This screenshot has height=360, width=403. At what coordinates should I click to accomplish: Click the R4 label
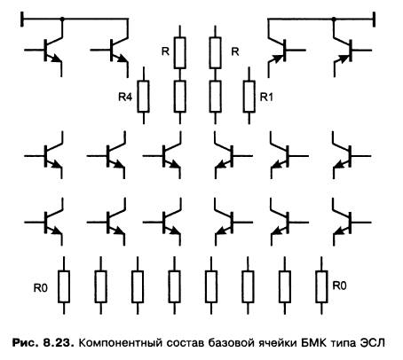125,97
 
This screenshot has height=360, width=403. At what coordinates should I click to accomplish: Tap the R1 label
266,97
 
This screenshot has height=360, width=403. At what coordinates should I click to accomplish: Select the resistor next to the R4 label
144,96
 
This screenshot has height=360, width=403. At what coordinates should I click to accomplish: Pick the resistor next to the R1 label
249,96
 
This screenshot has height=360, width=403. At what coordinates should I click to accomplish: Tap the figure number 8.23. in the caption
59,343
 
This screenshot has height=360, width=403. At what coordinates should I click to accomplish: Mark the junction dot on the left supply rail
62,20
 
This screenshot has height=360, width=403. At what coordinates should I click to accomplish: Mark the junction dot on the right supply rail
334,20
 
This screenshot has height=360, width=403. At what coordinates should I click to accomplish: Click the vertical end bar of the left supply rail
22,20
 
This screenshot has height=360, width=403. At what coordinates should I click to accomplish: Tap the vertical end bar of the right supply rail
374,20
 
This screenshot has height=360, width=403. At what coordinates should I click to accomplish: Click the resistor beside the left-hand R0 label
64,286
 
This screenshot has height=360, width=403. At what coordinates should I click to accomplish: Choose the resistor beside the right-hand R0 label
321,286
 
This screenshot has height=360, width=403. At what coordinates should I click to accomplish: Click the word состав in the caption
186,343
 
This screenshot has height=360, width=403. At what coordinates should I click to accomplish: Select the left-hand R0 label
41,287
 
